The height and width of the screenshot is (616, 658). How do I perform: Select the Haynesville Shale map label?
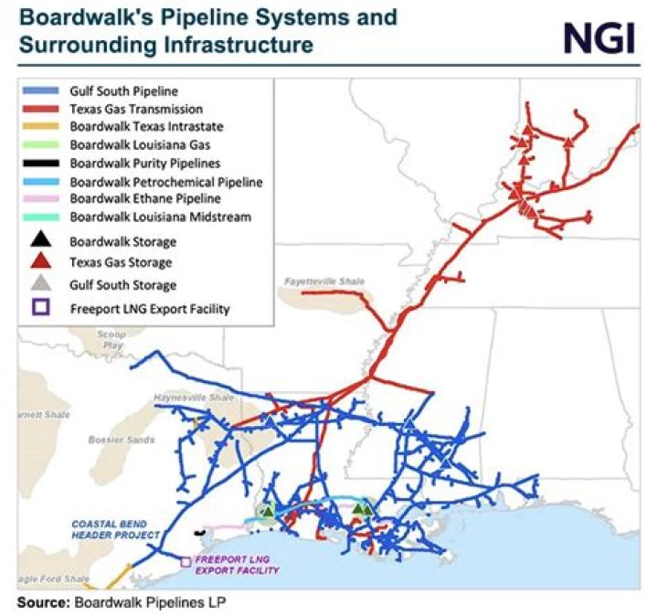(183, 398)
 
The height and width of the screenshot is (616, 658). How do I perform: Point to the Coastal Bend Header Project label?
(116, 529)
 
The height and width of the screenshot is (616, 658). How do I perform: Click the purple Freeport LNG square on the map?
(186, 562)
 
